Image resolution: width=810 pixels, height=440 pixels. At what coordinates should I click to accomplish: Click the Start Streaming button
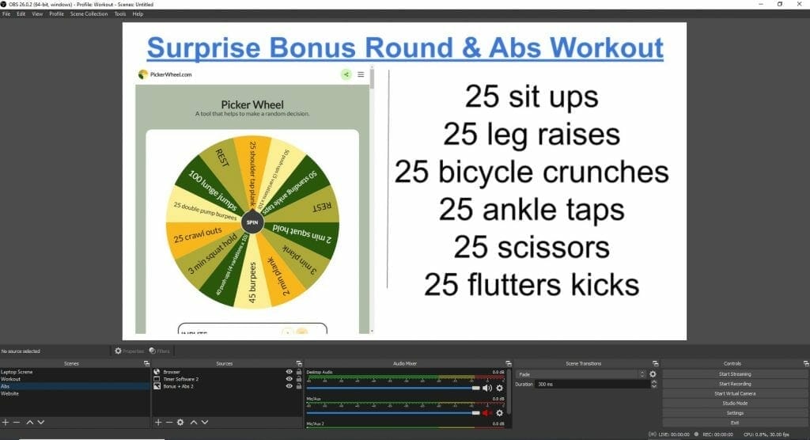pos(735,374)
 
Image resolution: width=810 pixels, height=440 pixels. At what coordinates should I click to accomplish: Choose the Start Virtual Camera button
pos(735,393)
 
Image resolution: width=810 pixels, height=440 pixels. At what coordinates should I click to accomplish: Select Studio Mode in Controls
pos(735,403)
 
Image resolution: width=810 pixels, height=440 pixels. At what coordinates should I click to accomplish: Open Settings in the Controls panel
pos(735,412)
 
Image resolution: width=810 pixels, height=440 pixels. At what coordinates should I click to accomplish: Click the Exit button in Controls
pos(735,423)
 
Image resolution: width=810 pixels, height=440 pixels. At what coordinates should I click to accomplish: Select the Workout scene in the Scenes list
pos(11,379)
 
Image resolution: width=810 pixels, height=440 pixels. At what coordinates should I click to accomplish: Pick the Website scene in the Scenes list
pos(10,393)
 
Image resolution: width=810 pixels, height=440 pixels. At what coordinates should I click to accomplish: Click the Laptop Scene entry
pos(17,372)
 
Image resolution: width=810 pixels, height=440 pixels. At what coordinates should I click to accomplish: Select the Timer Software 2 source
pos(181,379)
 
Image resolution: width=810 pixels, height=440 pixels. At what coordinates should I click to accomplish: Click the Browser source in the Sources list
pos(172,372)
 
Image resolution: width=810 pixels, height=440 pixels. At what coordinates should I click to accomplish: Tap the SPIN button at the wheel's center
pos(252,222)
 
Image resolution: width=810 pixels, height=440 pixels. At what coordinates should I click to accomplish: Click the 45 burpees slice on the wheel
pos(252,281)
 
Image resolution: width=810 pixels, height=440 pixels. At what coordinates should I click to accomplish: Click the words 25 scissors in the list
pos(531,247)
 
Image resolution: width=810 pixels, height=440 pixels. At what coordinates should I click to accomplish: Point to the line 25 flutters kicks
pos(531,283)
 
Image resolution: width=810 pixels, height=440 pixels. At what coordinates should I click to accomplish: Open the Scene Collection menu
pos(89,14)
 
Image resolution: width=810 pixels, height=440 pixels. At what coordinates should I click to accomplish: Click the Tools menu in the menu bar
pos(119,14)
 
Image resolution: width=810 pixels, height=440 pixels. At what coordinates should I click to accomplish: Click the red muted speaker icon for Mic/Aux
pos(487,413)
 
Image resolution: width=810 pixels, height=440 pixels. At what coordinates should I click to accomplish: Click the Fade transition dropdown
pos(581,374)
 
